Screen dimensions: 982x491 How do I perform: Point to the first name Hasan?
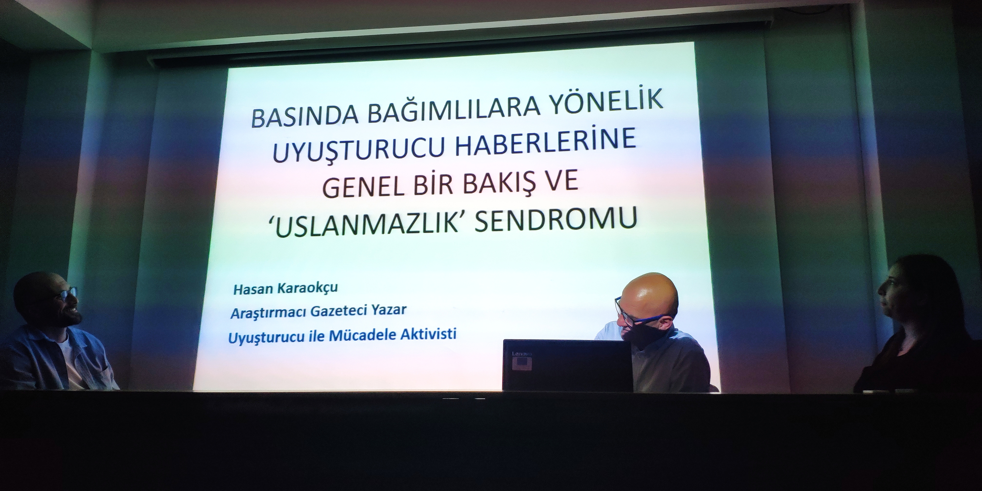(255, 289)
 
